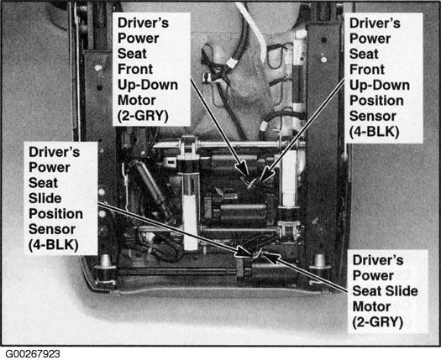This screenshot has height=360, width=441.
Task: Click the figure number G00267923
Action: (33, 353)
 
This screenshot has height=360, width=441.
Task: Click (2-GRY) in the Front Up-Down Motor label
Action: (143, 116)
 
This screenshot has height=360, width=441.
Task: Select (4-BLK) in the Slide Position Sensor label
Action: (54, 244)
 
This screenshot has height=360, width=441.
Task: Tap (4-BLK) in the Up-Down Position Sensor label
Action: (374, 132)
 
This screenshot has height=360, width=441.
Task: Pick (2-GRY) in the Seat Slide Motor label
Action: (377, 321)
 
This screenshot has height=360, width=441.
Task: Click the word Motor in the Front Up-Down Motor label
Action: (137, 100)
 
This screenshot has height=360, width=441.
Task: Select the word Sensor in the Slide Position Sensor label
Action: (52, 229)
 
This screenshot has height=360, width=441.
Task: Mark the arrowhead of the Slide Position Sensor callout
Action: (244, 252)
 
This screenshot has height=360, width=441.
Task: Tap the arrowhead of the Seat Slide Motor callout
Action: (270, 257)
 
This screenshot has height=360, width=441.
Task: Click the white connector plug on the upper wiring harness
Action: (232, 62)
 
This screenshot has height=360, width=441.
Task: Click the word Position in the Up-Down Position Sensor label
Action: (376, 101)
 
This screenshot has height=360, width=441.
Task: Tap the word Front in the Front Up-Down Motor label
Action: (135, 69)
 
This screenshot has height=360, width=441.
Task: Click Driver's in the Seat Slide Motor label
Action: (378, 260)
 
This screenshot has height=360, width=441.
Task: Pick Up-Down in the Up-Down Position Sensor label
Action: (379, 86)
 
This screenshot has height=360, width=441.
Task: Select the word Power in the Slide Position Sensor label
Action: (50, 168)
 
